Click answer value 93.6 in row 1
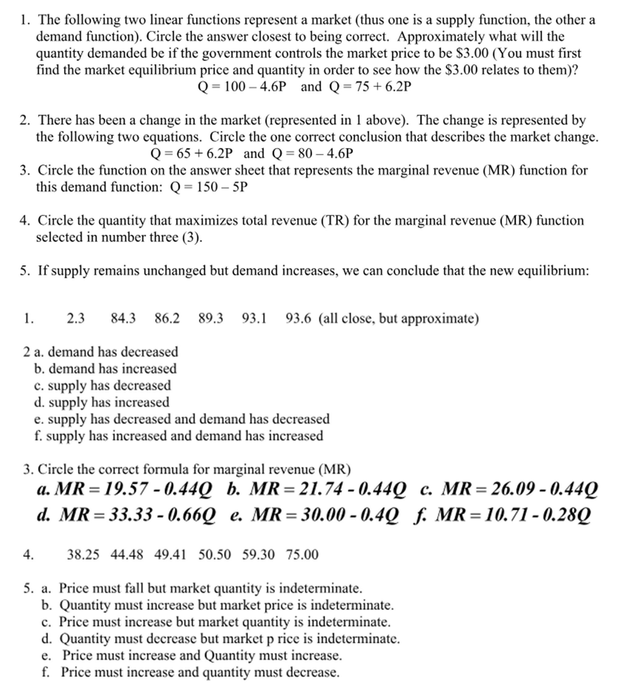(298, 318)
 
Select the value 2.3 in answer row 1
(75, 318)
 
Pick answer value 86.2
(167, 318)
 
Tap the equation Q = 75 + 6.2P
(370, 87)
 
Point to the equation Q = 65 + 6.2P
(191, 154)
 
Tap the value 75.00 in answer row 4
(302, 555)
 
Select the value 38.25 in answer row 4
(83, 555)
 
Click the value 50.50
(214, 555)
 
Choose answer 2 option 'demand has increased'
(113, 369)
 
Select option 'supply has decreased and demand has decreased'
(188, 419)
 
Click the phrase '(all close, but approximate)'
(399, 318)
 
